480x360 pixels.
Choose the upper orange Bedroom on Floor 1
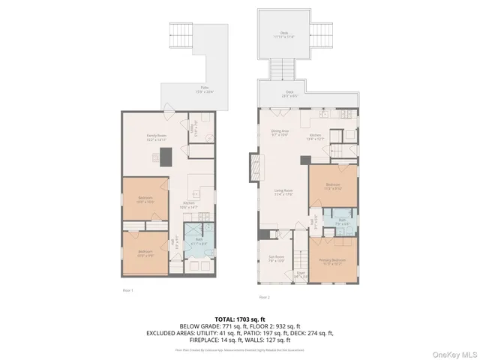pos(145,199)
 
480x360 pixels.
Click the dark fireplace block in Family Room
pos(165,156)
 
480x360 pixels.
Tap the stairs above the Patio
pos(184,34)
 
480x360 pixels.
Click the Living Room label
pos(283,193)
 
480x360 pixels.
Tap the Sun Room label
pos(275,259)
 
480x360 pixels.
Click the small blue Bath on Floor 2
pos(340,223)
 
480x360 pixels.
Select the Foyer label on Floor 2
pos(300,274)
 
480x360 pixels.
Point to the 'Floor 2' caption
pos(264,295)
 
